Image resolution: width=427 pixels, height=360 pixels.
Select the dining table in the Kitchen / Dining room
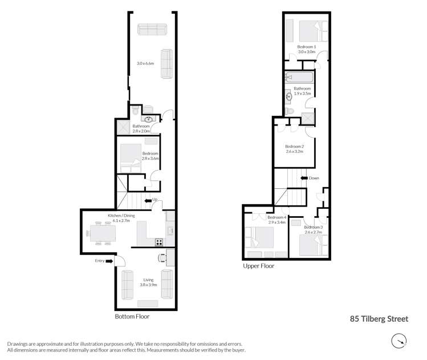102,233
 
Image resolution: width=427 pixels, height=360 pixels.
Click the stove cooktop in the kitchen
160,241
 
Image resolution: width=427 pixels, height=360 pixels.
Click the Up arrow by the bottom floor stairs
149,200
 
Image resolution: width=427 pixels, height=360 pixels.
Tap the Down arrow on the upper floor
305,178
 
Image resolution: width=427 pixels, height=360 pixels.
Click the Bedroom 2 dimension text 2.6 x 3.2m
294,152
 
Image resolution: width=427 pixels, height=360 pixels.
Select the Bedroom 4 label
276,217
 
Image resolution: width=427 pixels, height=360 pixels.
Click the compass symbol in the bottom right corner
398,341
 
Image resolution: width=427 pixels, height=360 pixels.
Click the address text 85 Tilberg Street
379,319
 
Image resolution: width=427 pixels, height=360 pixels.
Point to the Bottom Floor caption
132,316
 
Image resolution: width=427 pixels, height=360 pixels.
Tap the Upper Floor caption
258,266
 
